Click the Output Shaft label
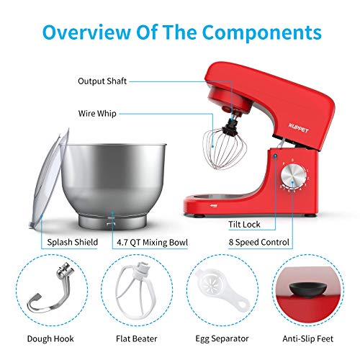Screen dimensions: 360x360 (102, 81)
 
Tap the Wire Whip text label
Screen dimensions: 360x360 (97, 114)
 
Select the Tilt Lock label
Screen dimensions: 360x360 (244, 225)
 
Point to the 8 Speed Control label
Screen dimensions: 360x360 (258, 242)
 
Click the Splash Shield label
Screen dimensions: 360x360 (72, 242)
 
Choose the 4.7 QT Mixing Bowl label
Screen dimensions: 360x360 (152, 243)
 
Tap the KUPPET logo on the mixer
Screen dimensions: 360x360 (298, 128)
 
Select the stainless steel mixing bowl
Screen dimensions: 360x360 (113, 185)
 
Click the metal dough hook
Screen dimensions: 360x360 (51, 292)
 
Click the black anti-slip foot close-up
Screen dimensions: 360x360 (307, 290)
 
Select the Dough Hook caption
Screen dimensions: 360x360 (50, 338)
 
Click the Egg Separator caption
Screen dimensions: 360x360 (222, 338)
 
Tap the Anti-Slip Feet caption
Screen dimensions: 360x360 (308, 338)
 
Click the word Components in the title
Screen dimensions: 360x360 (262, 32)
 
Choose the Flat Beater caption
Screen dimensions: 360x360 (136, 338)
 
